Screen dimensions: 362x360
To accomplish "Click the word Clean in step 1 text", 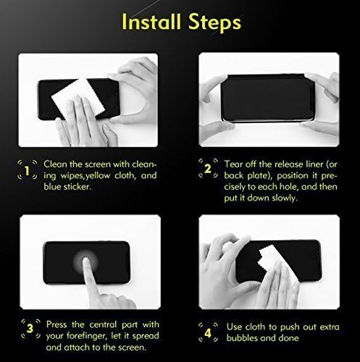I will (x=56, y=163).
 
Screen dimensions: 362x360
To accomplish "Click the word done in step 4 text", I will (x=288, y=337).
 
